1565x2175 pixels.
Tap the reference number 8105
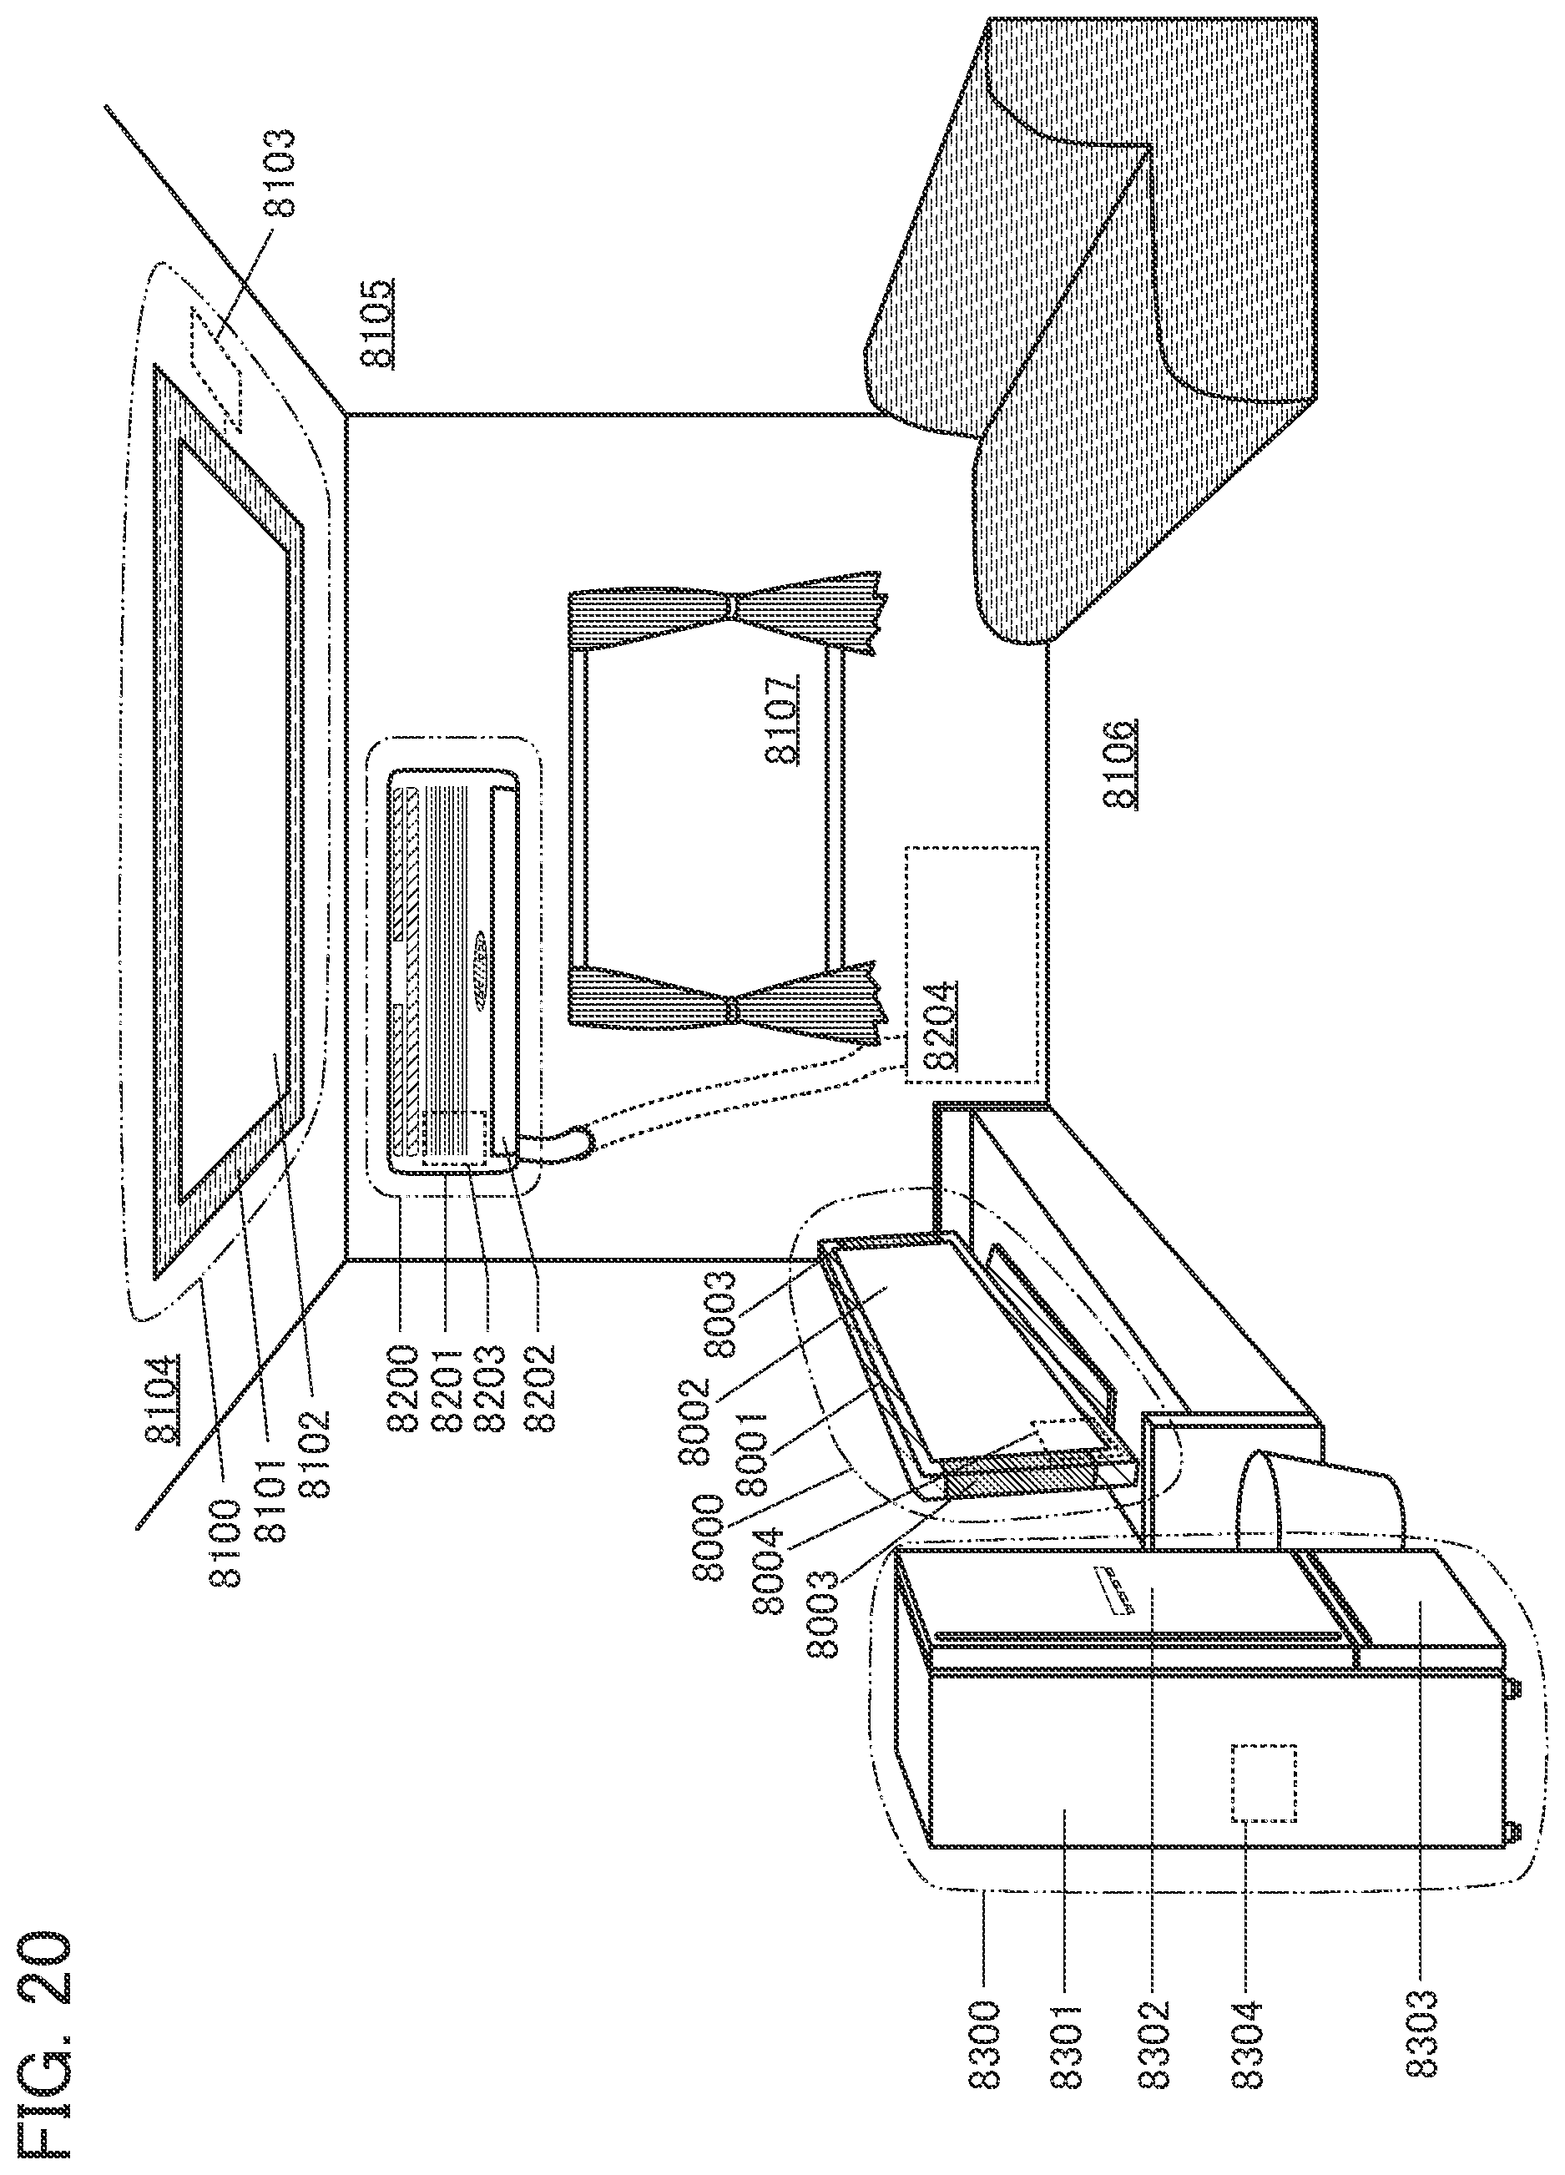(377, 323)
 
